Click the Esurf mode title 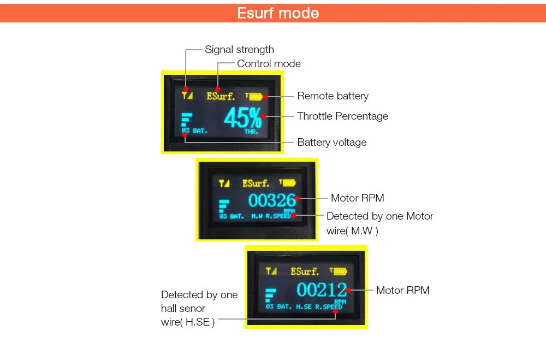278,13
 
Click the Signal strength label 239,50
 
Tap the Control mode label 269,64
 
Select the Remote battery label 333,96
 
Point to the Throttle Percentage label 342,116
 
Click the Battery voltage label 331,143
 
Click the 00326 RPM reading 271,200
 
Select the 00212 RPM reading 322,290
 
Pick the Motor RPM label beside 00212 402,291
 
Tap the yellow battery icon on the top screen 255,97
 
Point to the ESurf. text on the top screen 221,97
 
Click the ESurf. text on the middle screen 256,183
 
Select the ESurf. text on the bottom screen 305,271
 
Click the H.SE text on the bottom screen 304,307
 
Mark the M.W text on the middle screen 257,216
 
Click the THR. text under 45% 252,132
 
